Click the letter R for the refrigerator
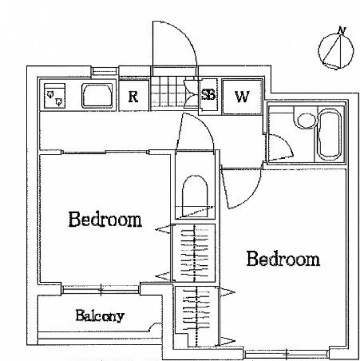pos(133,96)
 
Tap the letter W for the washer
pos(242,96)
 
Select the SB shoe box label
pos(208,94)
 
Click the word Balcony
pos(100,316)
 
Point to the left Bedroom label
pos(106,219)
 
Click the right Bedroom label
pos(283,259)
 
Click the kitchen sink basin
pos(97,96)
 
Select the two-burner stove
pos(55,96)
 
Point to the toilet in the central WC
pos(195,196)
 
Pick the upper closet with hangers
pos(195,253)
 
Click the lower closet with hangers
pos(196,316)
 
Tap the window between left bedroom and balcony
pos(101,289)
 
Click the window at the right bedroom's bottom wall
pos(287,353)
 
